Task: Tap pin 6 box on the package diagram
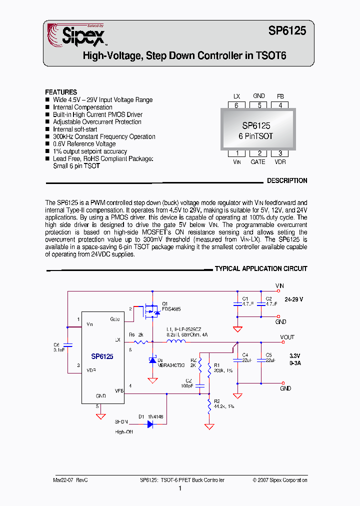point(236,105)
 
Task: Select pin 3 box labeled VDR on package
point(280,153)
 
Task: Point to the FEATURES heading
point(61,92)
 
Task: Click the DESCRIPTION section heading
point(286,180)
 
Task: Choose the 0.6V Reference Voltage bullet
point(84,144)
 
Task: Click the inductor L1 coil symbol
point(175,342)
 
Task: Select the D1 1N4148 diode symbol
point(150,424)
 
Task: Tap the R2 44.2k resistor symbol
point(209,405)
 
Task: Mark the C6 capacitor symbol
point(68,345)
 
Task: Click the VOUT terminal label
point(287,337)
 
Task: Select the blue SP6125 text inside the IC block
point(102,356)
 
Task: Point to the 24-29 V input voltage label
point(294,299)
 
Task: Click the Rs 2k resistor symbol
point(141,342)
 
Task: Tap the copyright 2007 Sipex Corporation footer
point(280,480)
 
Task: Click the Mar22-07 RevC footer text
point(70,480)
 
